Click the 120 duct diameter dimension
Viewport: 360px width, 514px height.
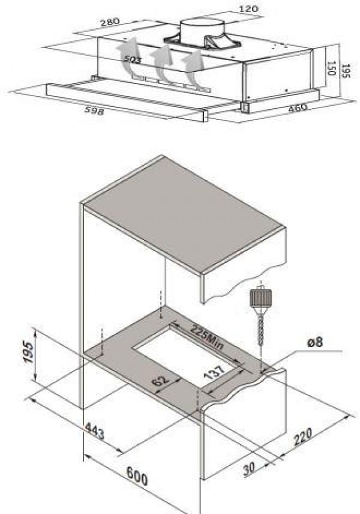tap(248, 9)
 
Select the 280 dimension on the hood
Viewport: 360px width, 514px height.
tap(110, 22)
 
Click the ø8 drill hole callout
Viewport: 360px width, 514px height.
tap(315, 343)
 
